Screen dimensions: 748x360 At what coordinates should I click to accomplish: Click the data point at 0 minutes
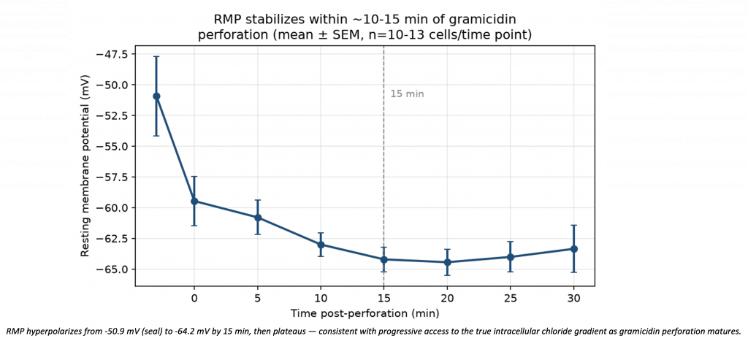click(x=194, y=201)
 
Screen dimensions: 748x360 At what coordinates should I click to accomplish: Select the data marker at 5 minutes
click(x=258, y=218)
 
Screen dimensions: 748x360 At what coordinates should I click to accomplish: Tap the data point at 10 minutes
click(x=321, y=245)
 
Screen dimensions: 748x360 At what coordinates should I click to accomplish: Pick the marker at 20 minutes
click(x=448, y=261)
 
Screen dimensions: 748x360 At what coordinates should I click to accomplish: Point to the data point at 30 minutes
click(x=574, y=249)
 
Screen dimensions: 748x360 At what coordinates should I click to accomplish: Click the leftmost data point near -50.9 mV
click(x=156, y=96)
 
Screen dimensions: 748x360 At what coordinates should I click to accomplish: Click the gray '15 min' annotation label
click(x=407, y=94)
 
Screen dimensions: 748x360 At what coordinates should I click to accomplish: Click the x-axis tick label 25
click(x=511, y=298)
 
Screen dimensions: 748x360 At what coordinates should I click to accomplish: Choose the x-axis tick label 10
click(x=321, y=298)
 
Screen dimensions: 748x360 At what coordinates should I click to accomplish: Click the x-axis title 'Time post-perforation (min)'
click(x=365, y=314)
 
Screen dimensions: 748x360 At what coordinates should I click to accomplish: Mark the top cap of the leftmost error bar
click(x=156, y=56)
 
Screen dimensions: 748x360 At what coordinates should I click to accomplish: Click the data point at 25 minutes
click(x=511, y=257)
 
